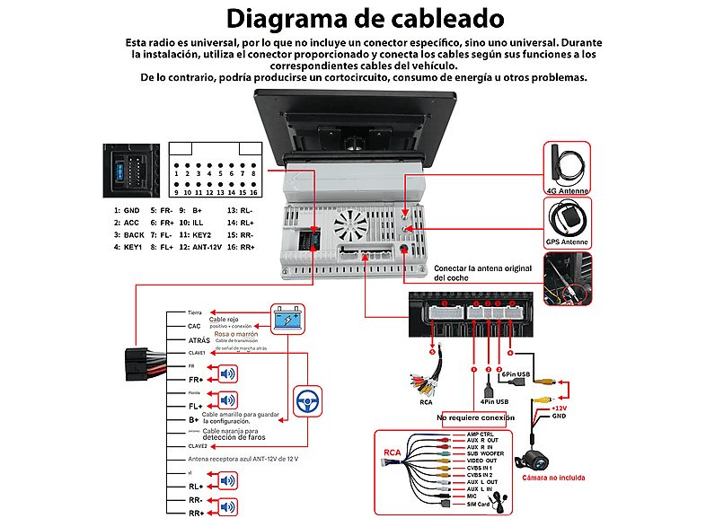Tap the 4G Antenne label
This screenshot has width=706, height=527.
pos(568,190)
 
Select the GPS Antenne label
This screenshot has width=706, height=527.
pos(568,242)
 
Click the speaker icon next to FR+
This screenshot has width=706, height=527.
pos(228,375)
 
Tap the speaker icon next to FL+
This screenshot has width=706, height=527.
pos(228,401)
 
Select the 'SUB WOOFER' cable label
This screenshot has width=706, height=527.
pos(485,454)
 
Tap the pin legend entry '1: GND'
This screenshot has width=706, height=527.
pos(127,210)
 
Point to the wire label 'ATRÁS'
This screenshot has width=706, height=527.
pos(199,340)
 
